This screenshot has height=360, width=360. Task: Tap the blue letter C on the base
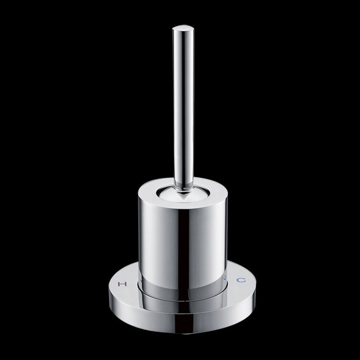click(242, 280)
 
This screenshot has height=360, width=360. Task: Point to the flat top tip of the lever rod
click(182, 27)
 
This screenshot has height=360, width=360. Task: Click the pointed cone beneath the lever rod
click(182, 194)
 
